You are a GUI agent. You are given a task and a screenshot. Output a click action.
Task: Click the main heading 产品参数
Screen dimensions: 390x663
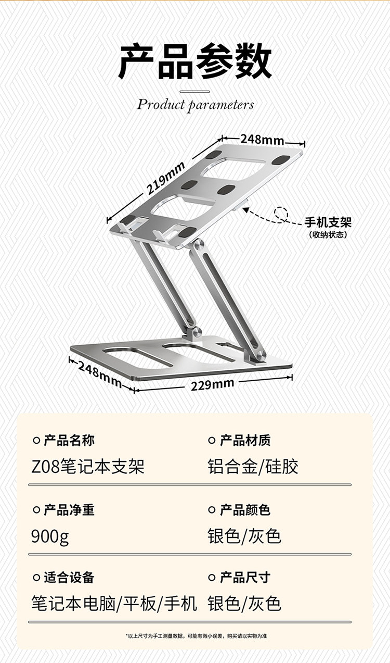click(x=195, y=62)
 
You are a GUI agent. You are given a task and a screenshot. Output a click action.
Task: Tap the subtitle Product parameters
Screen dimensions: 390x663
click(x=196, y=104)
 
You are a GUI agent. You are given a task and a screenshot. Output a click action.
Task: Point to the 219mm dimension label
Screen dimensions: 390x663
click(x=166, y=178)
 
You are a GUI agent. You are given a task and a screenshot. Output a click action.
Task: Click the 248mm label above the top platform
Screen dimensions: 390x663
click(x=262, y=140)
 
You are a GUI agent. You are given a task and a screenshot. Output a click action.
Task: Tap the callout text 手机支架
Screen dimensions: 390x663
click(x=328, y=222)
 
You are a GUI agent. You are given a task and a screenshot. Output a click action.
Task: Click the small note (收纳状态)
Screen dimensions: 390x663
click(x=328, y=235)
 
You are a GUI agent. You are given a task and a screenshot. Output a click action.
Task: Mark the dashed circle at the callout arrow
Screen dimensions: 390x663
click(x=281, y=213)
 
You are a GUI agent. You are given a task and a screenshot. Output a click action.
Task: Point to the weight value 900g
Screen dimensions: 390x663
click(x=50, y=535)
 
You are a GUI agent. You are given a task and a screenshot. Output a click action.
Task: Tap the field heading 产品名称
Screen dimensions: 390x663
click(x=69, y=441)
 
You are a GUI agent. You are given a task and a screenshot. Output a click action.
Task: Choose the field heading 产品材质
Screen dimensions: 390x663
click(x=245, y=441)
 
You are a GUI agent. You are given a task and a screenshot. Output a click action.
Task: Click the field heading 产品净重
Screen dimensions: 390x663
click(x=69, y=510)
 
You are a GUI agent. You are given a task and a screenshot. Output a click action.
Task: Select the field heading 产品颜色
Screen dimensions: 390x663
click(x=245, y=510)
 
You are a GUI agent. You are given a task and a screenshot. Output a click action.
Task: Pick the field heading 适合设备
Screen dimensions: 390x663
click(x=69, y=578)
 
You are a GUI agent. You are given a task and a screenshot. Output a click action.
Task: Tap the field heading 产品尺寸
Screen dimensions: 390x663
click(x=245, y=578)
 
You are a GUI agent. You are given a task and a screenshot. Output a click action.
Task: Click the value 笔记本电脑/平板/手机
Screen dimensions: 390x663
click(x=114, y=604)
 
